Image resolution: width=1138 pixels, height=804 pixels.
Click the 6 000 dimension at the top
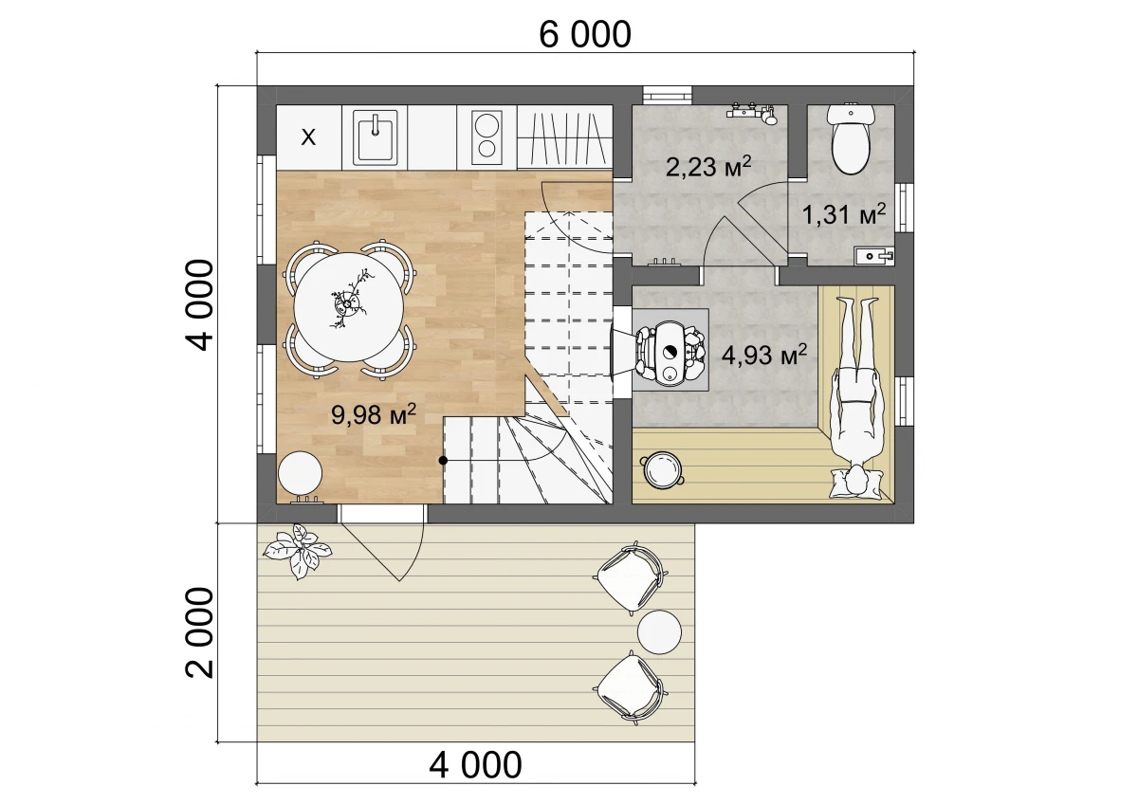click(x=585, y=35)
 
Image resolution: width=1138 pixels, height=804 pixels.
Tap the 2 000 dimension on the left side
click(x=200, y=632)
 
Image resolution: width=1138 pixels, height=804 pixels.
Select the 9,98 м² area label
click(x=374, y=414)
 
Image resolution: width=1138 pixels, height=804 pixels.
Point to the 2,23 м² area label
click(x=708, y=166)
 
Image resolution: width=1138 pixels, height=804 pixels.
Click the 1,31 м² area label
click(x=844, y=214)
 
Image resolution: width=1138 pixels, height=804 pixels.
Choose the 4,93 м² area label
click(x=764, y=355)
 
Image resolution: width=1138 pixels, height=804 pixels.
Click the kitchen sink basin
click(x=375, y=137)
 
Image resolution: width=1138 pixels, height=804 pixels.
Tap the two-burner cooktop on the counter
click(x=486, y=137)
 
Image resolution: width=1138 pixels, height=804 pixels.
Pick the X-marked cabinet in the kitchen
click(x=309, y=137)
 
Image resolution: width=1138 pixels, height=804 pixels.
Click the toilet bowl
click(x=851, y=139)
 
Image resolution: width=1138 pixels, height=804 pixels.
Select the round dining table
click(x=349, y=307)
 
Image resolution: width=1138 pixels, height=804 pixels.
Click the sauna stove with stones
click(x=670, y=352)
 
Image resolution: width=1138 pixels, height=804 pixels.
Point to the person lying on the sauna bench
click(x=856, y=397)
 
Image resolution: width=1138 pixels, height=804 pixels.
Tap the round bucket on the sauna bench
click(x=662, y=470)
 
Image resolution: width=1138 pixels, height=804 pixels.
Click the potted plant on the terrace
click(x=298, y=551)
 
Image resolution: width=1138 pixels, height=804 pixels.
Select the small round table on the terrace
click(x=659, y=632)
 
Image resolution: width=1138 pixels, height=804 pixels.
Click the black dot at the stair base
click(x=443, y=460)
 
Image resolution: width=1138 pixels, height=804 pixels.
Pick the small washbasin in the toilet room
click(x=873, y=255)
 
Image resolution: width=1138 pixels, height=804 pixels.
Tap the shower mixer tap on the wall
click(x=753, y=113)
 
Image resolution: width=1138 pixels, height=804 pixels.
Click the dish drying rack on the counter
click(x=565, y=137)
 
